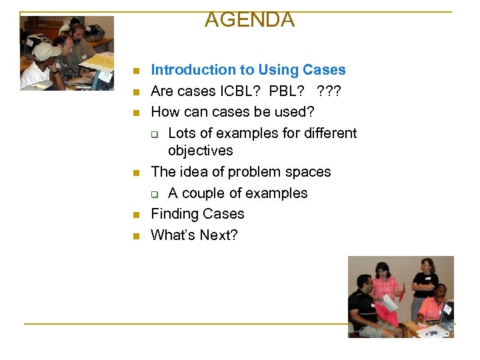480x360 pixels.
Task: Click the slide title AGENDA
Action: (x=249, y=20)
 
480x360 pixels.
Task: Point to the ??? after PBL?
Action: (x=333, y=91)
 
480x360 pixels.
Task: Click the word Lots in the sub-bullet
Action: (x=182, y=133)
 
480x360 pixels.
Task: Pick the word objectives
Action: (x=200, y=151)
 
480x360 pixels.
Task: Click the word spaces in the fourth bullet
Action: (x=308, y=172)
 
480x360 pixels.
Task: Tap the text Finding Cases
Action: (x=197, y=214)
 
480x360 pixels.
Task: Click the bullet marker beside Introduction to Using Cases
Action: (x=135, y=71)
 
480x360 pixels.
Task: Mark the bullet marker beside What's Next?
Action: (x=135, y=236)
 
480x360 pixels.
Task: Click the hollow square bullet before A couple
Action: (x=154, y=194)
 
